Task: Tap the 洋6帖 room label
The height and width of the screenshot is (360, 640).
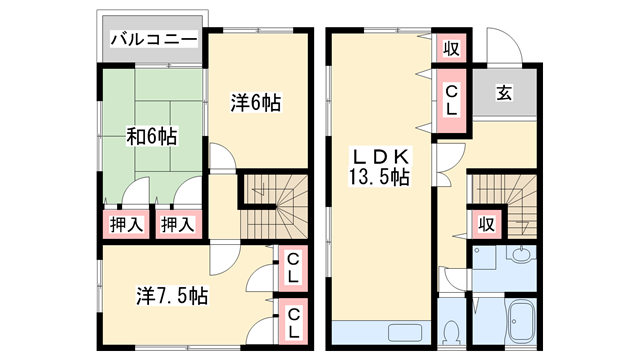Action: pyautogui.click(x=255, y=103)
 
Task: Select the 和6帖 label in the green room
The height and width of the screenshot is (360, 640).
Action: pyautogui.click(x=151, y=135)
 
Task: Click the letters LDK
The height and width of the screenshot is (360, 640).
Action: pyautogui.click(x=377, y=156)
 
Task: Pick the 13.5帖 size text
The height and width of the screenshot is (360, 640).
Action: pyautogui.click(x=378, y=177)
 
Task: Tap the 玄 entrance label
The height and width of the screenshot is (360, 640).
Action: pyautogui.click(x=504, y=94)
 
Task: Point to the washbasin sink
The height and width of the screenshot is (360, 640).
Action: pyautogui.click(x=519, y=256)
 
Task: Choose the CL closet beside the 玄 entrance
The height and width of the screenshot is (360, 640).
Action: pyautogui.click(x=449, y=99)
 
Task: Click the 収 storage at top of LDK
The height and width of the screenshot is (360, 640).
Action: pyautogui.click(x=449, y=47)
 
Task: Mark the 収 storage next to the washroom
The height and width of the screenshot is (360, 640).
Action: pyautogui.click(x=488, y=222)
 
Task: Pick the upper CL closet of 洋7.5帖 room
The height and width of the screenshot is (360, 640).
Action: pyautogui.click(x=294, y=268)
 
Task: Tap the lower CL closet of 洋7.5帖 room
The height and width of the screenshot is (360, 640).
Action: pyautogui.click(x=294, y=322)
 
